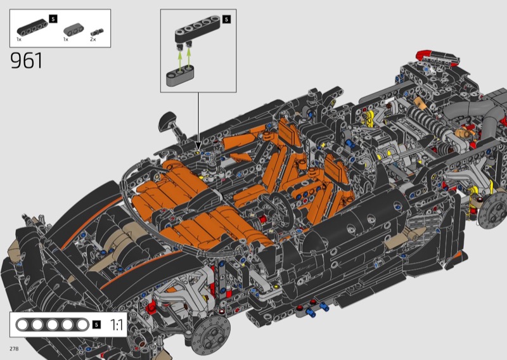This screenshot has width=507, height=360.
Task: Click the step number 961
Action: [26, 60]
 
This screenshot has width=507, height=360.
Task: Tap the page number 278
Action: [14, 349]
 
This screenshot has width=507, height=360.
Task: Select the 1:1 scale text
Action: [117, 325]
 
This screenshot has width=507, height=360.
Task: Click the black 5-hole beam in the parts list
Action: [32, 27]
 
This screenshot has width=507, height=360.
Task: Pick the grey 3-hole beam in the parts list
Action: [74, 30]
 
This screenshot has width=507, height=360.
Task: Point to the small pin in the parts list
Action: [97, 32]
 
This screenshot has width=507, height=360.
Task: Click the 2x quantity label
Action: [93, 39]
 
